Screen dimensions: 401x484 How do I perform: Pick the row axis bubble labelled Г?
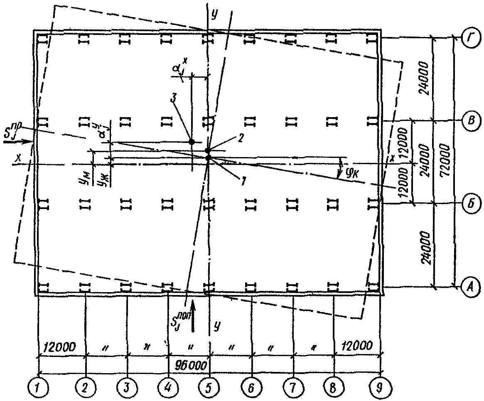coord(467,38)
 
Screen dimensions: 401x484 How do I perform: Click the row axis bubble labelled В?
coord(467,121)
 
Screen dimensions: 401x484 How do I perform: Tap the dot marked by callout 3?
coord(192,142)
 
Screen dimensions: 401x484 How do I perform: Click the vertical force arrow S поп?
coord(193,320)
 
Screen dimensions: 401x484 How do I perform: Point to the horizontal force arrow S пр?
coord(19,142)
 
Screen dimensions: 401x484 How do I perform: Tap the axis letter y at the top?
coord(214,15)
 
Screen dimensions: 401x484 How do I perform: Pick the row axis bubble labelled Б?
coord(467,203)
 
